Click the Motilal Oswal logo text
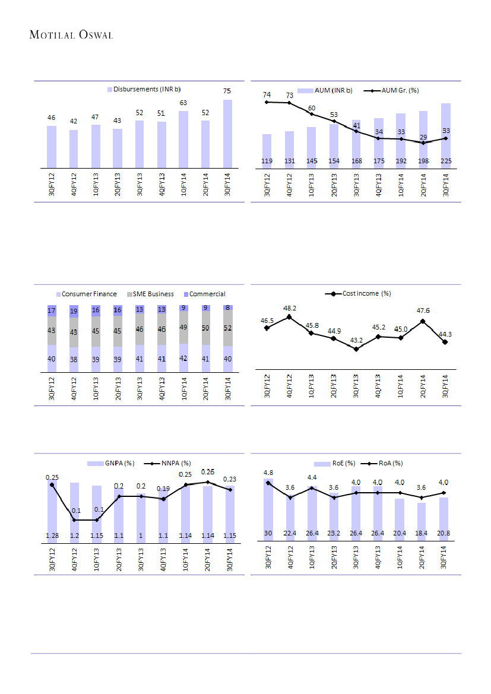71,35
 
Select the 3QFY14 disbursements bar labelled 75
227,134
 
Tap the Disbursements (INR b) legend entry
143,89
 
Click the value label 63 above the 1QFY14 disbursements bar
183,103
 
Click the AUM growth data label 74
267,94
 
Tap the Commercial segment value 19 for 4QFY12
74,310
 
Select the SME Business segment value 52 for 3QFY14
228,328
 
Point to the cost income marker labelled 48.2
289,317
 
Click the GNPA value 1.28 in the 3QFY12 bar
52,536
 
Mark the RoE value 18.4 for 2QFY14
422,533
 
